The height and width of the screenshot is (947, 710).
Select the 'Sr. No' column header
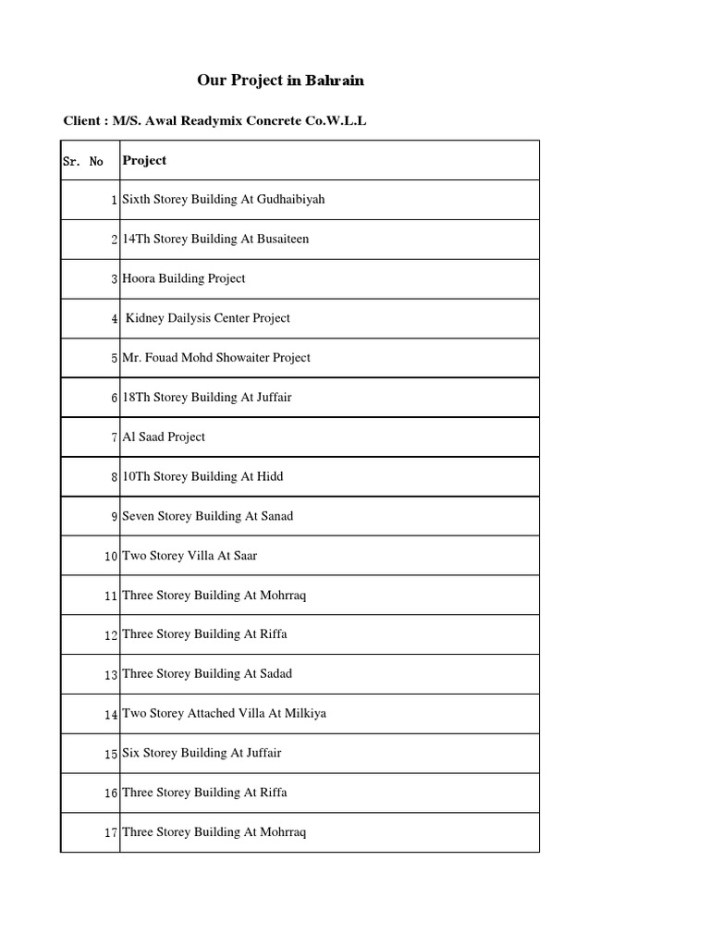tap(83, 161)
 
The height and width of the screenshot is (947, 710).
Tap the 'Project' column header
tap(144, 160)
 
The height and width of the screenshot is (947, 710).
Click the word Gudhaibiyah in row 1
tap(288, 199)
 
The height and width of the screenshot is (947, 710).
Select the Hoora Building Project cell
tap(184, 278)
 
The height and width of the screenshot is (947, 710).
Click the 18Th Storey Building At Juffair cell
tap(207, 397)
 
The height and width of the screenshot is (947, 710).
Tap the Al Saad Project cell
tap(164, 437)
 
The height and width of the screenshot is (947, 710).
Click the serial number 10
tap(111, 556)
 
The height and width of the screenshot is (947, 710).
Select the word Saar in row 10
tap(246, 556)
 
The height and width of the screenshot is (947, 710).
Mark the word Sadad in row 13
tap(275, 673)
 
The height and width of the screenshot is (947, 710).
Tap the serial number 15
tap(111, 754)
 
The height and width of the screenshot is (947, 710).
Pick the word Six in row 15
tap(131, 753)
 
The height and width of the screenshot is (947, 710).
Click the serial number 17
tap(111, 832)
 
